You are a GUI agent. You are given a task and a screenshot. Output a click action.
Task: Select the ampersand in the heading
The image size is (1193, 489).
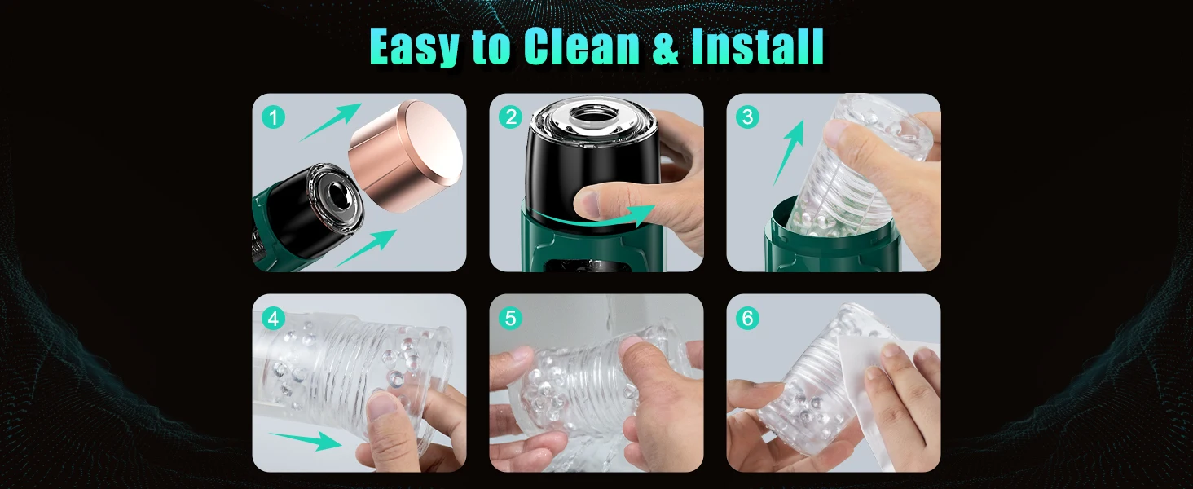[666, 46]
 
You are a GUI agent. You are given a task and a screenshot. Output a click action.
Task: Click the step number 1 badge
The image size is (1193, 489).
[273, 117]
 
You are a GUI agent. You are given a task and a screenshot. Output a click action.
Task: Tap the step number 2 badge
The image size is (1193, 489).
[511, 117]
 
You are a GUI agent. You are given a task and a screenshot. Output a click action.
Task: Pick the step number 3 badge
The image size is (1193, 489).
[747, 117]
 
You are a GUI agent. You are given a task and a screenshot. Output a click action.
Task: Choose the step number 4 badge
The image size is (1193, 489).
[273, 319]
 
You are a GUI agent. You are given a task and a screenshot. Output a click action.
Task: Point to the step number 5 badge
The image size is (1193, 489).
[511, 319]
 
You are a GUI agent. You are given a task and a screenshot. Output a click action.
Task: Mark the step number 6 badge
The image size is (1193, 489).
[747, 319]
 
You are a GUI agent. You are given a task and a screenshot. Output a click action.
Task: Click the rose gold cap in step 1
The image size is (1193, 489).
[405, 155]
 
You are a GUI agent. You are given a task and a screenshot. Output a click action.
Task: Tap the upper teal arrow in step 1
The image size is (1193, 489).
[330, 122]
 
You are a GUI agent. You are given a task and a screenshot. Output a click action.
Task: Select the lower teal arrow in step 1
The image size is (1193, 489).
[367, 248]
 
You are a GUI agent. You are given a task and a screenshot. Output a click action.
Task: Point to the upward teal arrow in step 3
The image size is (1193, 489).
[788, 153]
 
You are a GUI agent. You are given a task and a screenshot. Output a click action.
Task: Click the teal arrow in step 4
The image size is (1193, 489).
[306, 440]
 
